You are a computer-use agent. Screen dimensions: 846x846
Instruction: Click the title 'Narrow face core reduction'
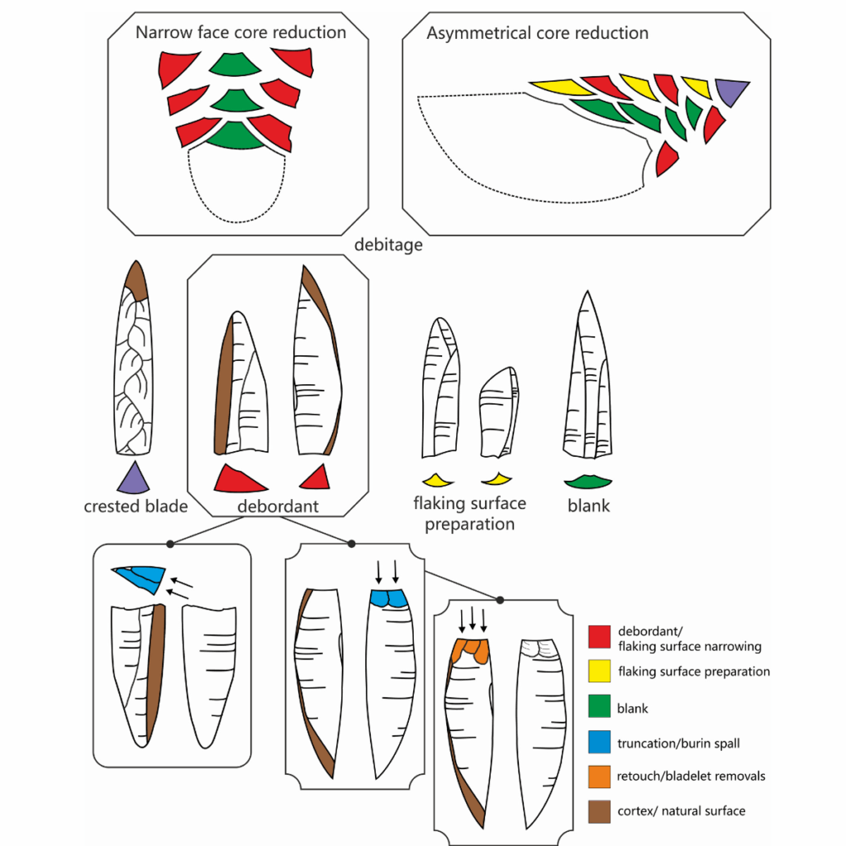(x=240, y=33)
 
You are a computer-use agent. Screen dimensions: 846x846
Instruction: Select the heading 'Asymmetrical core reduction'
(x=537, y=34)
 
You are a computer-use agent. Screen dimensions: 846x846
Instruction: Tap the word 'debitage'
(x=387, y=245)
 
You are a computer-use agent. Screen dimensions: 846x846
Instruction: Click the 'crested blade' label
(x=135, y=506)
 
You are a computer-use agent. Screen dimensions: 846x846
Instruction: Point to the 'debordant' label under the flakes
(x=278, y=506)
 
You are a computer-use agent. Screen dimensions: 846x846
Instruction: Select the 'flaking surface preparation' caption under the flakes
(x=469, y=513)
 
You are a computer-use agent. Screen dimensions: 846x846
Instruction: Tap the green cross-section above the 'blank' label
(x=587, y=481)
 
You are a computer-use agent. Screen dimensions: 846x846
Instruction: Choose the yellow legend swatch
(x=600, y=672)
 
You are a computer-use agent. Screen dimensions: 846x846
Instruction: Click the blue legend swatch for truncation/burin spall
(x=600, y=744)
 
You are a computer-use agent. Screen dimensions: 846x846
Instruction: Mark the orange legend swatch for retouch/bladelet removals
(x=600, y=777)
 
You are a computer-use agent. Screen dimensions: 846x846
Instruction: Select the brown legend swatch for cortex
(x=600, y=811)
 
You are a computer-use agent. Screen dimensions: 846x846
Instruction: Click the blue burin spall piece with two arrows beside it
(x=140, y=577)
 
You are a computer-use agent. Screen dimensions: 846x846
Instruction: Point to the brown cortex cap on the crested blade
(x=136, y=281)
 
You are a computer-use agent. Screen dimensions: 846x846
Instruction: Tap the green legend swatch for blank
(x=600, y=708)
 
